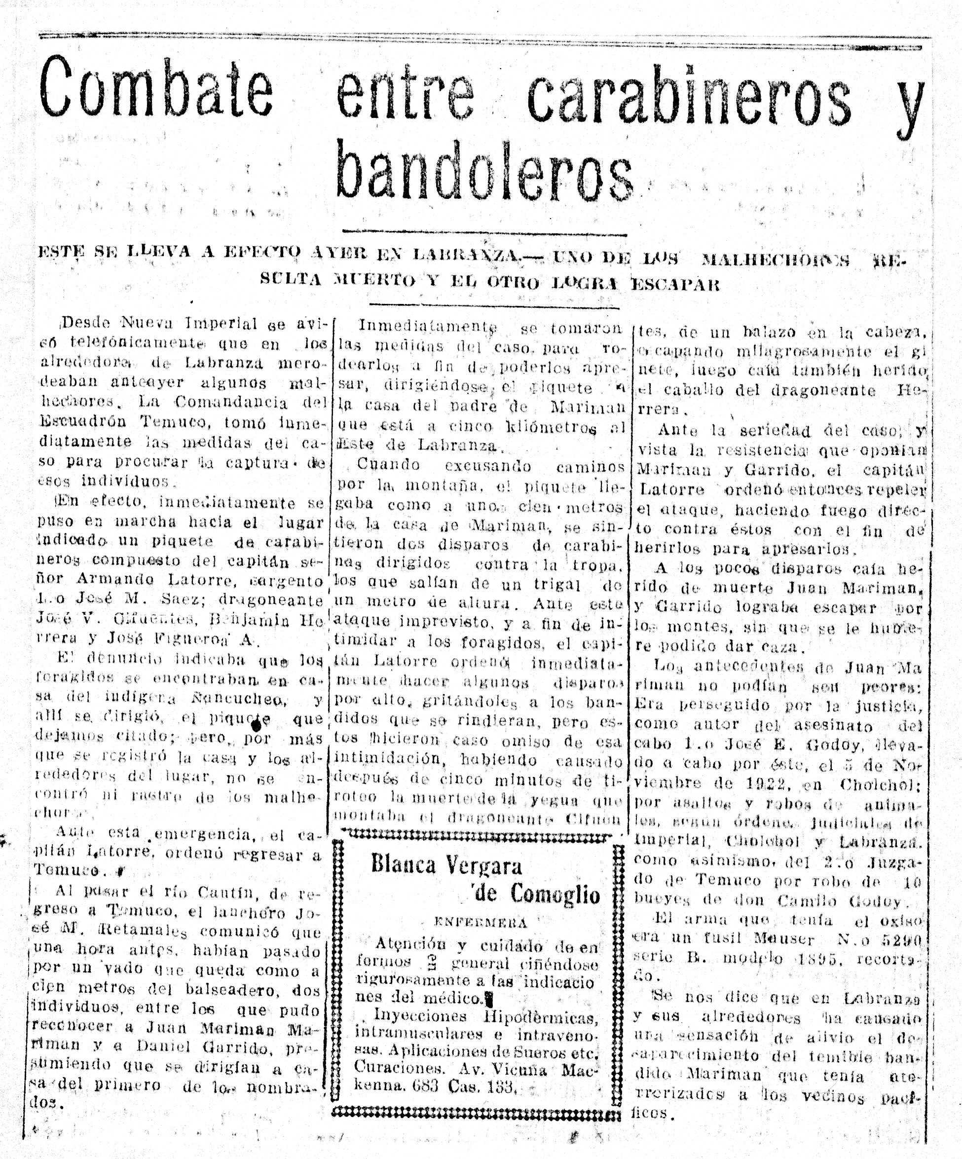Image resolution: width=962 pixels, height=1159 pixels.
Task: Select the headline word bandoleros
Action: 484,172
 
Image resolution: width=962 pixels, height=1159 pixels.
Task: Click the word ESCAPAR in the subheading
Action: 675,285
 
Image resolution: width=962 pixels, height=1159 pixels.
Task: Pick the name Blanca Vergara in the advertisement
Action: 446,865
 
